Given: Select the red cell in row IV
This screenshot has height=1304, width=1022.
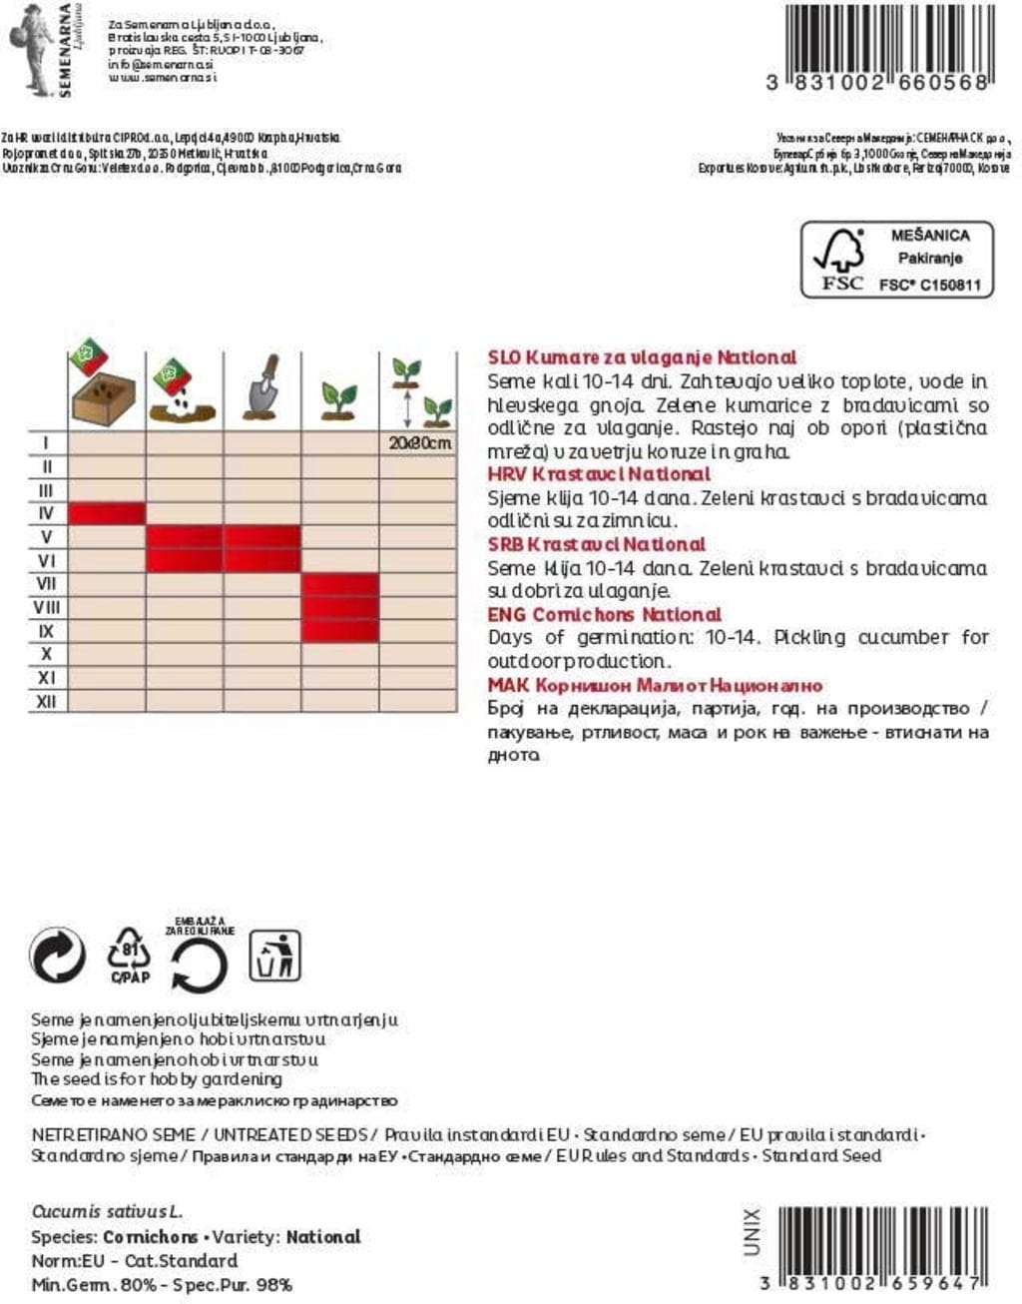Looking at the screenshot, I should click(107, 513).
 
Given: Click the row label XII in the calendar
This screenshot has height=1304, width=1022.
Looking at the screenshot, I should click(46, 702).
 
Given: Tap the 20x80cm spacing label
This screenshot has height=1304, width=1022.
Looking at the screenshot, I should click(419, 442).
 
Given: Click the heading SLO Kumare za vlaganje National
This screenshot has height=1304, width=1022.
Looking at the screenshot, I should click(642, 357).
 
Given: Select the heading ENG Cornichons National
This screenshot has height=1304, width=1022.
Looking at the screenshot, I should click(604, 614).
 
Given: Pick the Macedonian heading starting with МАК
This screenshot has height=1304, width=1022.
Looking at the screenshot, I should click(655, 686).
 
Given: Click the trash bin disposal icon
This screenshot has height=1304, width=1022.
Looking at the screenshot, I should click(274, 956).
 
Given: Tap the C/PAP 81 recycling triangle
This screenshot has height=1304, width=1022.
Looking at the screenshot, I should click(129, 955).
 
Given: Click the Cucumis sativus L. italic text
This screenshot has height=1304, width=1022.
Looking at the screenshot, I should click(107, 1211).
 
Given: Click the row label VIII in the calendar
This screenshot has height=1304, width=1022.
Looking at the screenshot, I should click(46, 607).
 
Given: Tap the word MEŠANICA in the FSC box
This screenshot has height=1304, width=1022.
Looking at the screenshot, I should click(929, 236).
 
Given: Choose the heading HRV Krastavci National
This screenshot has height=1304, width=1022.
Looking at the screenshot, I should click(599, 474).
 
